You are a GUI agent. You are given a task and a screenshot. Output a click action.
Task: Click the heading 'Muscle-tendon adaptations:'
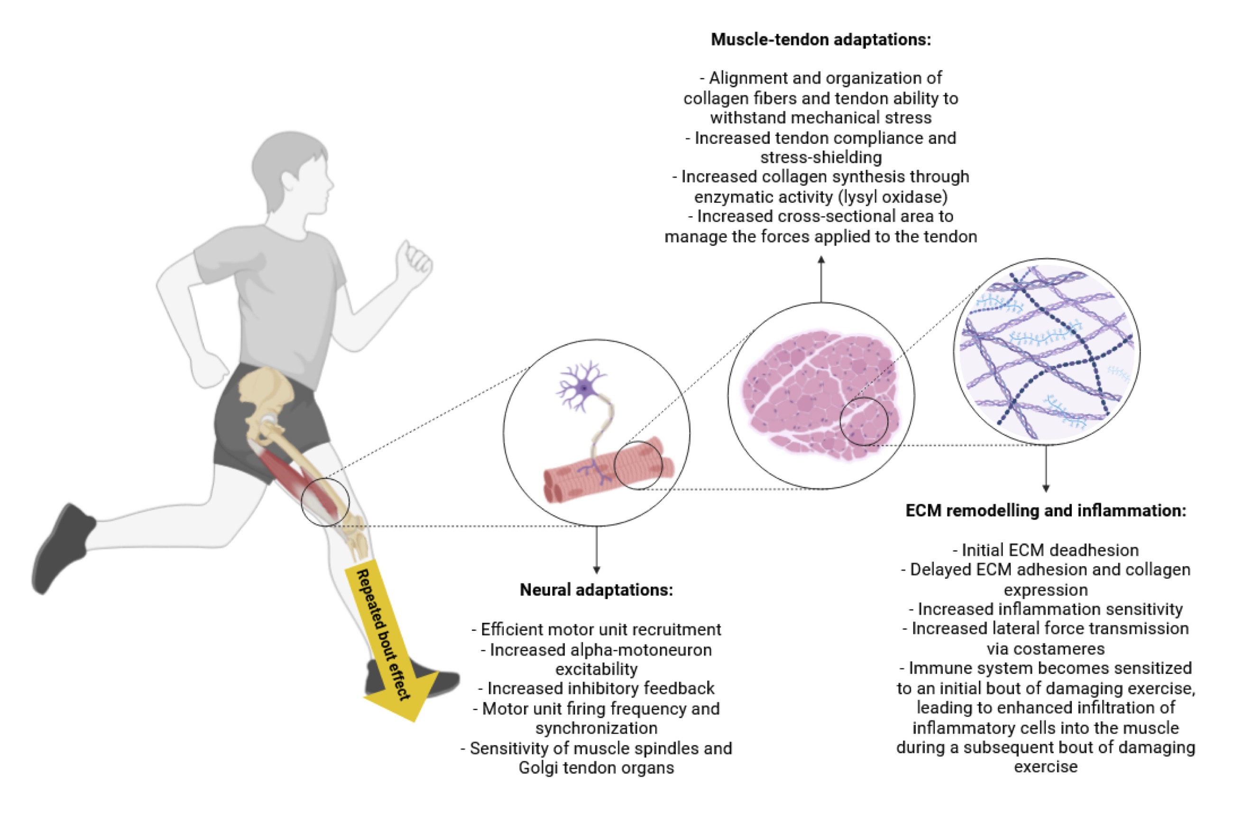(x=821, y=40)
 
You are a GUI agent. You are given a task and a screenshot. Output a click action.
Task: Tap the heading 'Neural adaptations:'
(x=596, y=590)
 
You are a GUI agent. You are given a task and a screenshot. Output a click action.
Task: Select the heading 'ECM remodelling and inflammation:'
(x=1046, y=511)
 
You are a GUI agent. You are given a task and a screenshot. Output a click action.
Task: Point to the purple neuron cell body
(x=583, y=388)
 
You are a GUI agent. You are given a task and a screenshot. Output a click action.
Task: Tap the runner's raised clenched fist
(x=414, y=262)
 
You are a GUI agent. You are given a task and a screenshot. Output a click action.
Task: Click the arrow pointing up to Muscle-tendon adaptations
(x=821, y=278)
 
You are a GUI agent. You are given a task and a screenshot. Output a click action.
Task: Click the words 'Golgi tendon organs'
(x=596, y=768)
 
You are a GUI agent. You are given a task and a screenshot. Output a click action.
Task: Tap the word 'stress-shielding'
(x=821, y=158)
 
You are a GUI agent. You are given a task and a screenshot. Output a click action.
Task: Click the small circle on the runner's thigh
(x=325, y=502)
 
